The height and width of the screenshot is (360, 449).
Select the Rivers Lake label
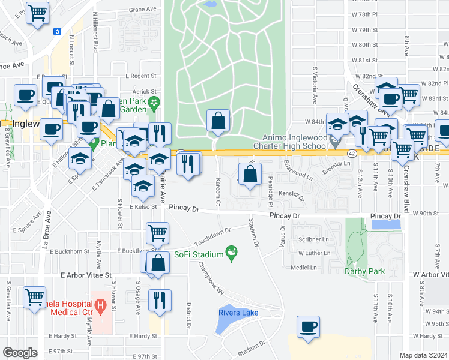tap(238, 313)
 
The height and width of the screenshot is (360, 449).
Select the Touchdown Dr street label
tap(212, 236)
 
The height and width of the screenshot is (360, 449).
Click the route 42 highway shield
tap(350, 154)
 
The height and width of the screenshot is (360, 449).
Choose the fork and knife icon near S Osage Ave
tap(160, 300)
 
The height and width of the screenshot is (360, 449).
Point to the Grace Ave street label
tap(142, 10)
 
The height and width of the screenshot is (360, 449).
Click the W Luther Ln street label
tap(315, 253)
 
